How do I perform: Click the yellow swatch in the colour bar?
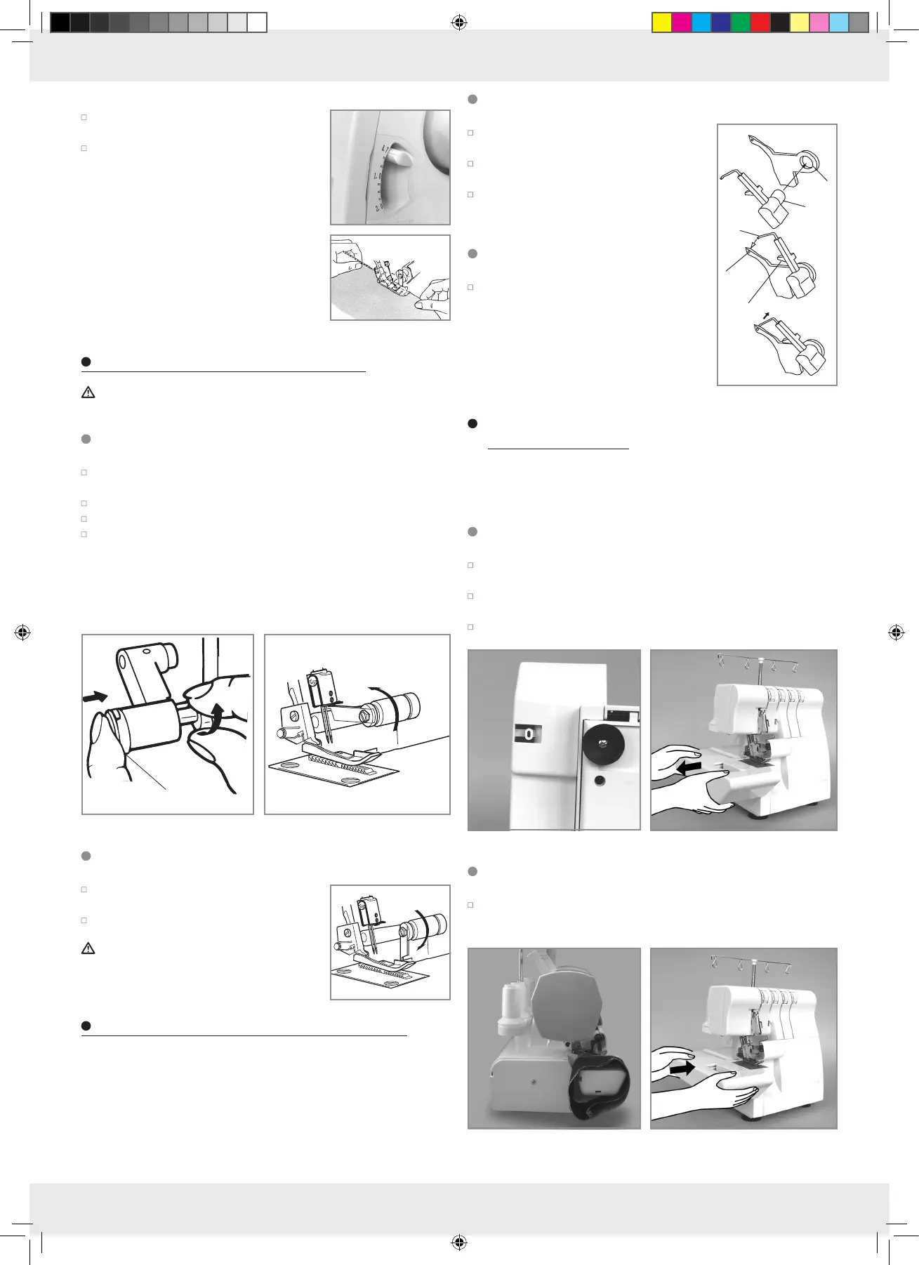coord(662,23)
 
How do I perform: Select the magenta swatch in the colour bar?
coord(682,23)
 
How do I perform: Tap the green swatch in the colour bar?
coord(741,23)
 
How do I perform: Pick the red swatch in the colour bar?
coord(760,23)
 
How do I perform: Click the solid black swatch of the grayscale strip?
coord(60,23)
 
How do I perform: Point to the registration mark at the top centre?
coord(458,23)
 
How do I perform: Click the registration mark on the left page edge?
coord(22,632)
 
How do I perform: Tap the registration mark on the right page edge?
coord(896,632)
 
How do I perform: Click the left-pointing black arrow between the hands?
coord(688,768)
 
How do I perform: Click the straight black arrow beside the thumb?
coord(95,696)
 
